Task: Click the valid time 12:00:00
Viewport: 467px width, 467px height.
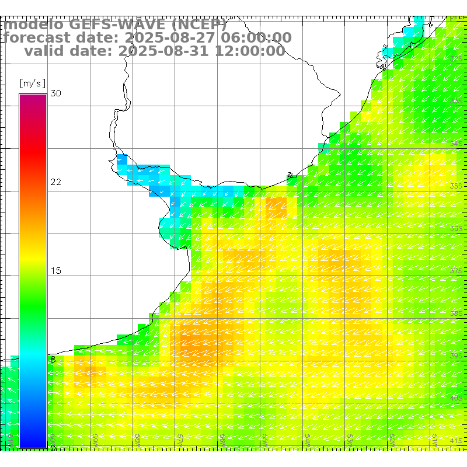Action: point(250,51)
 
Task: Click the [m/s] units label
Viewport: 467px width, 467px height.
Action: point(32,83)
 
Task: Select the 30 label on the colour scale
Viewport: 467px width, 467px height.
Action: point(56,93)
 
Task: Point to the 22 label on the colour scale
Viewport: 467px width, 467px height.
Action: point(56,182)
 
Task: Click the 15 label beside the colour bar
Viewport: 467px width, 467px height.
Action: point(56,271)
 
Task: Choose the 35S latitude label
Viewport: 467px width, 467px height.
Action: point(457,186)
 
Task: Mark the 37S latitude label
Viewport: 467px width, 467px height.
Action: point(457,270)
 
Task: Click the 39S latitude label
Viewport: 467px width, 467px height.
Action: point(457,355)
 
